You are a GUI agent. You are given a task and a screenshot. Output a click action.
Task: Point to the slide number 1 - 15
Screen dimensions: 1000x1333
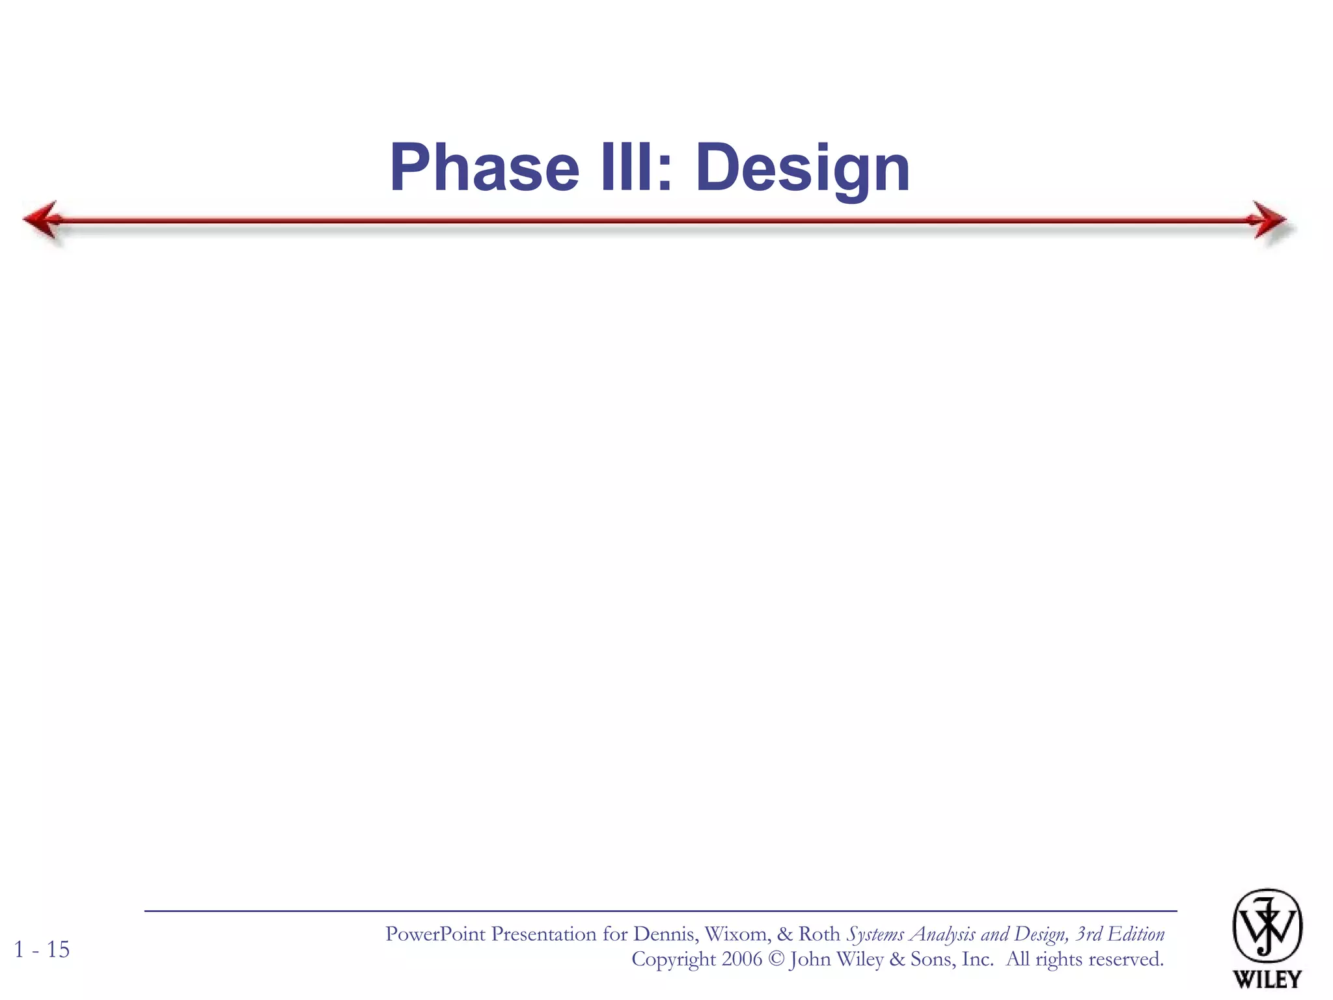coord(42,949)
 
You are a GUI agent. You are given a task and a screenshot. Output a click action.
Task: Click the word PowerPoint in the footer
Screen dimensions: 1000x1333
coord(435,934)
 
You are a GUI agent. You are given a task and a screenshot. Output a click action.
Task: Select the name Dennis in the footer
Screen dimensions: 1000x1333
coord(665,934)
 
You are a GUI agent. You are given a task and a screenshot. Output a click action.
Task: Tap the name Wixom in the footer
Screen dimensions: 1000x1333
coord(736,934)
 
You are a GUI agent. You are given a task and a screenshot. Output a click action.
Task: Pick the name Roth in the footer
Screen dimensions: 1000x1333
coord(819,934)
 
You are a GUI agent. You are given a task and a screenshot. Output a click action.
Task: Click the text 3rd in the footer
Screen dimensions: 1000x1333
coord(1088,934)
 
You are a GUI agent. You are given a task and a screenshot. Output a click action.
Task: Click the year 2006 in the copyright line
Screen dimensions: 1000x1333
coord(741,959)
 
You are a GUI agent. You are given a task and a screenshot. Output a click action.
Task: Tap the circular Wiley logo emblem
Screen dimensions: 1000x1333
coord(1267,926)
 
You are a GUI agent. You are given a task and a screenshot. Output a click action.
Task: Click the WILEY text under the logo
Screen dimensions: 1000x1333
coord(1267,979)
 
